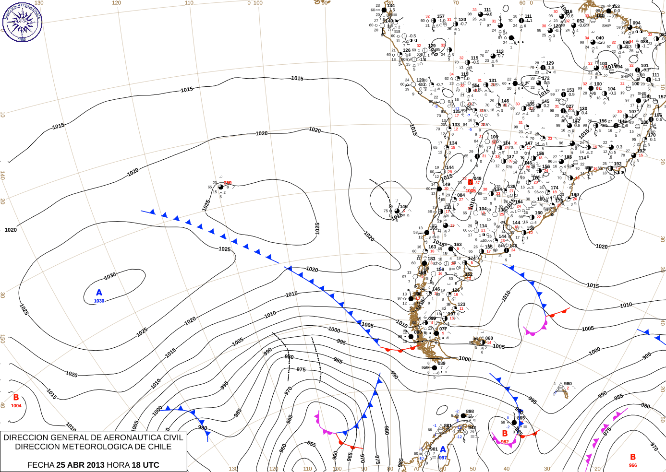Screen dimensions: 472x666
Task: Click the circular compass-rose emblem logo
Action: tap(22, 22)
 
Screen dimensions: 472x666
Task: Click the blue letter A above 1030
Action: tap(99, 293)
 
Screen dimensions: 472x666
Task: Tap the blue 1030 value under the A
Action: tap(99, 301)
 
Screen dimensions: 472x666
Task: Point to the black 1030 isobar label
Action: tap(110, 276)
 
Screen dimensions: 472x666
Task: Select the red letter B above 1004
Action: tap(16, 398)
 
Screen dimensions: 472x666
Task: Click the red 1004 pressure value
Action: tap(16, 406)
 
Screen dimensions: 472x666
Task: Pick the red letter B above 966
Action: tap(633, 457)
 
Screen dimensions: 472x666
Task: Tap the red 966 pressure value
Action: tap(633, 465)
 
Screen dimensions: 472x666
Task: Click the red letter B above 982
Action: tap(505, 434)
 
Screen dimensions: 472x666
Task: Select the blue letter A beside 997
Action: tap(443, 450)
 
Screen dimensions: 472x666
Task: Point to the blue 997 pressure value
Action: tap(443, 458)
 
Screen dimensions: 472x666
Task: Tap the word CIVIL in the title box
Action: tap(172, 437)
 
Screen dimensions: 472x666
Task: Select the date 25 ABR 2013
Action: tap(80, 465)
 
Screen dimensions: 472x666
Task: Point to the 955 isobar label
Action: tap(312, 445)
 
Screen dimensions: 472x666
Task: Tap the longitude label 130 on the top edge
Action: tap(39, 3)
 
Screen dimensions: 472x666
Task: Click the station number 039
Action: tap(441, 363)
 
